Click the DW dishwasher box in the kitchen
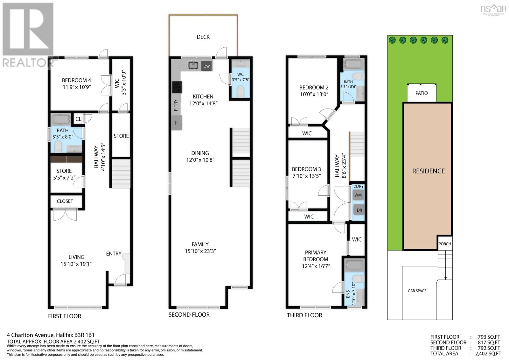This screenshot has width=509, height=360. (x=206, y=66)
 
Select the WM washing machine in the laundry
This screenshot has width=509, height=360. (x=358, y=195)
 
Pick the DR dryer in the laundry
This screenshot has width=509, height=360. (x=359, y=210)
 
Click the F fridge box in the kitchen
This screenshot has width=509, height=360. (x=176, y=123)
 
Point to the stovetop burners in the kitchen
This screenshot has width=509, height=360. (x=177, y=87)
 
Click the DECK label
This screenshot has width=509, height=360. (x=203, y=37)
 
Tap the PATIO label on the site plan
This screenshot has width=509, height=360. (x=422, y=93)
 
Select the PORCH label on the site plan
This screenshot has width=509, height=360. (x=445, y=244)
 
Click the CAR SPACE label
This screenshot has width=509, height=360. (x=417, y=291)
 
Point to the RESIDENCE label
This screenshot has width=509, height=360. (x=429, y=171)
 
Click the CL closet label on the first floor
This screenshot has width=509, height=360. (x=78, y=119)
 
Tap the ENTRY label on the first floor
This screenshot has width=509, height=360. (x=114, y=254)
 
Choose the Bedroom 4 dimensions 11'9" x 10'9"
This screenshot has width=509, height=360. (x=77, y=87)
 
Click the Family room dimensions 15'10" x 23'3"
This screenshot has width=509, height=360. (x=200, y=251)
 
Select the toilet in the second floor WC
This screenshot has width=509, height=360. (x=240, y=92)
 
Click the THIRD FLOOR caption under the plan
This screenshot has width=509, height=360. (x=304, y=315)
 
